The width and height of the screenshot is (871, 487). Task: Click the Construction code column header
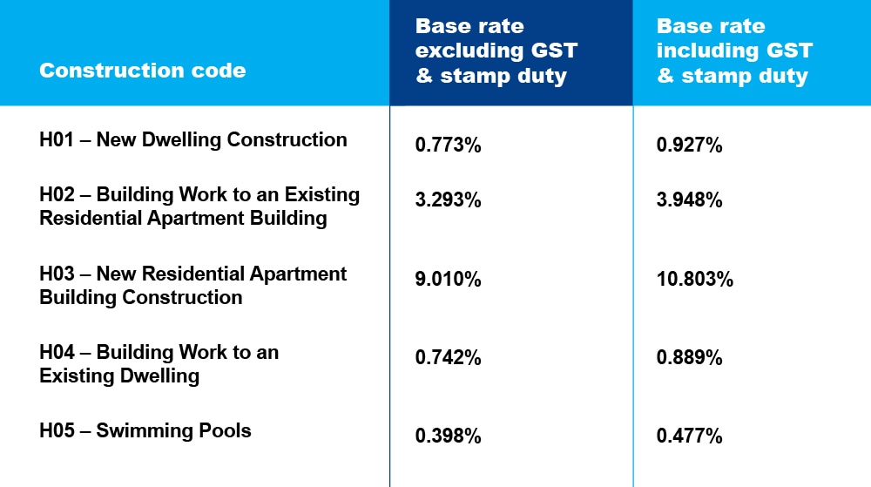143,71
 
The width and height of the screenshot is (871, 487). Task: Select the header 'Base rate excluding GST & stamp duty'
496,51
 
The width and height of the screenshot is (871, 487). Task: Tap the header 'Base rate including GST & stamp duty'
734,51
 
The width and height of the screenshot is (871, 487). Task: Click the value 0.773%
449,145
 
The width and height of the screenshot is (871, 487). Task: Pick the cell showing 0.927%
690,145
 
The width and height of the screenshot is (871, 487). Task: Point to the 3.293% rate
449,200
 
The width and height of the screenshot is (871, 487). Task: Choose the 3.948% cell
690,200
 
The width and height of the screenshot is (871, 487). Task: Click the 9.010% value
449,280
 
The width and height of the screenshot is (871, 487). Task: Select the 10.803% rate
695,280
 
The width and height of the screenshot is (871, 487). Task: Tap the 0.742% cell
449,358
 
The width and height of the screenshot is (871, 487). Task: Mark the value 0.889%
690,358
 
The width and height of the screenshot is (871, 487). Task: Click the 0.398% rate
449,436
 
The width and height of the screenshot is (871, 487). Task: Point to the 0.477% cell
690,436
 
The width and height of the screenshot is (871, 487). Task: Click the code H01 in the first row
57,139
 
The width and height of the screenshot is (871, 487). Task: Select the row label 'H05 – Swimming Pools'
145,430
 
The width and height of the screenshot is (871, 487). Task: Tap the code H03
57,274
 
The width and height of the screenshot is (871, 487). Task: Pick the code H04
57,353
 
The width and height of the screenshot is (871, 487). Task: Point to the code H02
57,195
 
